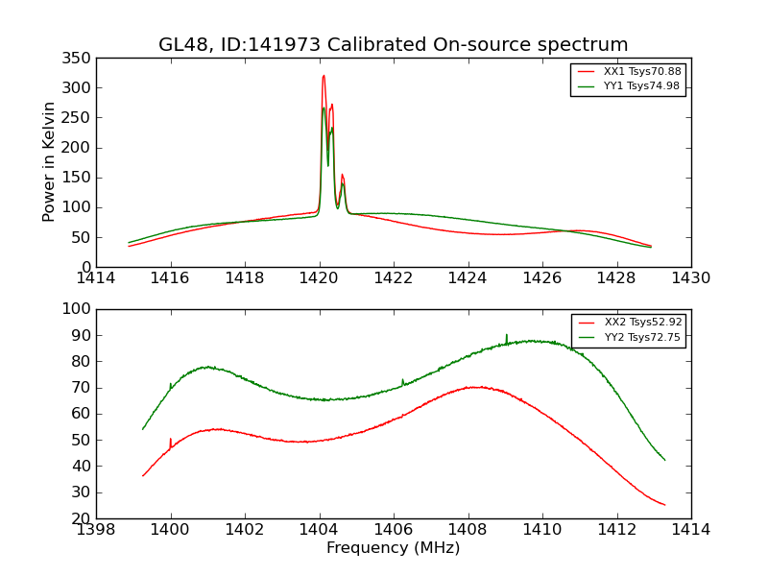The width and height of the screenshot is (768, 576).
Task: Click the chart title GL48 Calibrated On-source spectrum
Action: [x=394, y=45]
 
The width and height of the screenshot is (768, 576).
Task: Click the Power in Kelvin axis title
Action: [x=49, y=162]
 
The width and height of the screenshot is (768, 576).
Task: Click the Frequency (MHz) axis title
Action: [x=394, y=548]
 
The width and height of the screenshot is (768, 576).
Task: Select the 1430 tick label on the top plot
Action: [x=691, y=278]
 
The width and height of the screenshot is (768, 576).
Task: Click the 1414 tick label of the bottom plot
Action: [x=691, y=530]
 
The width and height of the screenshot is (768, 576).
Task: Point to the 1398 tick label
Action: [x=96, y=530]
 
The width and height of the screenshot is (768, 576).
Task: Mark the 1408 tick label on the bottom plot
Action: [x=468, y=530]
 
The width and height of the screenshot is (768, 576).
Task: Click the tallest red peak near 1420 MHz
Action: [x=324, y=77]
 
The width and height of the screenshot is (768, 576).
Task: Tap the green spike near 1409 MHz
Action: [x=507, y=336]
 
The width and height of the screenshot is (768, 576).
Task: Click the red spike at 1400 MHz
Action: [x=171, y=441]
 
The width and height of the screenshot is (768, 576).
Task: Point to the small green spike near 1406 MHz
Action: [x=402, y=381]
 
